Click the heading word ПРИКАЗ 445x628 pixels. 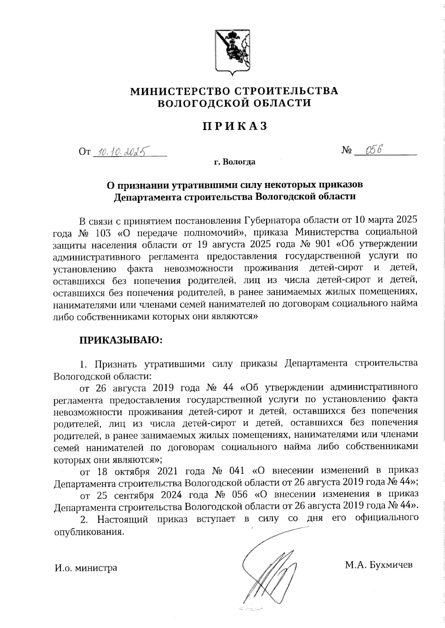point(235,126)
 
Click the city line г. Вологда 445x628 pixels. point(234,162)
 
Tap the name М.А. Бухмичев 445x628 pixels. point(378,565)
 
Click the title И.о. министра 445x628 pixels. point(86,568)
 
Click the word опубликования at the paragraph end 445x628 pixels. point(88,532)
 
